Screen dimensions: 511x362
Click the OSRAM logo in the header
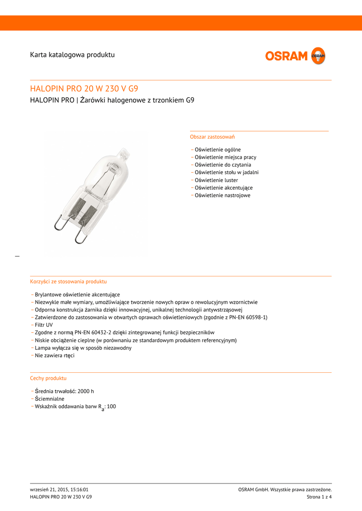295,56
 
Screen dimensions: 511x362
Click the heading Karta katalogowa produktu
72,54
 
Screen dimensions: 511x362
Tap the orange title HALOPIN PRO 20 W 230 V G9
84,89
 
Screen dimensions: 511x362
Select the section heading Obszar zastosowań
212,137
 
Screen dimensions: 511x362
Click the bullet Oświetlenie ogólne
217,150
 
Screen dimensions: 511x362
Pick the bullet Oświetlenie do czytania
223,165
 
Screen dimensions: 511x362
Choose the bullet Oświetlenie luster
216,180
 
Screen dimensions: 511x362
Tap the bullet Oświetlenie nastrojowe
222,195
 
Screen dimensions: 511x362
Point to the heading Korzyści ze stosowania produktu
68,281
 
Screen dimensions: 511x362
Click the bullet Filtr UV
43,325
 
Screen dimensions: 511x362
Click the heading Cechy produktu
48,378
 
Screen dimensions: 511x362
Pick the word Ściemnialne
49,399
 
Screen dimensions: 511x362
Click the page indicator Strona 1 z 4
319,497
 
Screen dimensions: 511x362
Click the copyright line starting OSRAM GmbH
285,490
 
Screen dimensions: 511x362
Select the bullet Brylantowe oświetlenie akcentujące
77,294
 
